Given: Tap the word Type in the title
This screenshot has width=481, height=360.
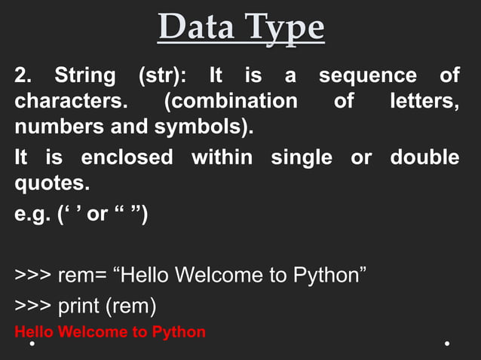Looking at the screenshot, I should pos(280,29).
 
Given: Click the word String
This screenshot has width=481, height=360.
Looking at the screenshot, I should pos(85,77).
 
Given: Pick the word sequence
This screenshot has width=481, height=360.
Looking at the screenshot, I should pos(367,77).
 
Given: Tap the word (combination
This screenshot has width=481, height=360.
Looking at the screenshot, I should pos(230,101).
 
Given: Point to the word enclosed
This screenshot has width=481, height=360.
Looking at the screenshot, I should pos(127,157).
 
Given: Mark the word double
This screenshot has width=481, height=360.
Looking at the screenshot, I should pos(424,157).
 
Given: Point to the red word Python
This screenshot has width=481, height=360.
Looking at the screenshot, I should pos(179,331).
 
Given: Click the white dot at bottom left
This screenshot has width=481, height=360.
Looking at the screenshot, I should pos(32,344).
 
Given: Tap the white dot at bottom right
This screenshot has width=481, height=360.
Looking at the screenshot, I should pos(447,344).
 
